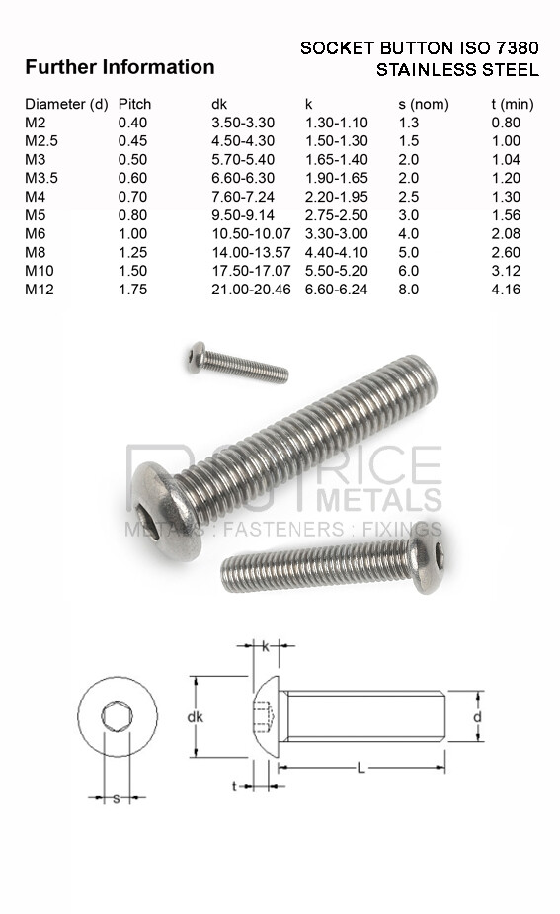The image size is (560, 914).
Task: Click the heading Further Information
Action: (119, 67)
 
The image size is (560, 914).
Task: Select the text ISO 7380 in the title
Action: (500, 47)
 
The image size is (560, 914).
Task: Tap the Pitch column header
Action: (134, 104)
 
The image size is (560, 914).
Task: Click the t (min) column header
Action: (514, 104)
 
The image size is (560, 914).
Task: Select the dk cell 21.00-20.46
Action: (251, 290)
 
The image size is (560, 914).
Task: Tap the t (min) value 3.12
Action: (506, 271)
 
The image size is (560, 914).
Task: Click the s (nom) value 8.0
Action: (408, 290)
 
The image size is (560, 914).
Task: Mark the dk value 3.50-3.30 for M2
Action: (243, 123)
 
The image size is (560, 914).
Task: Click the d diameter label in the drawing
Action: (476, 716)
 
